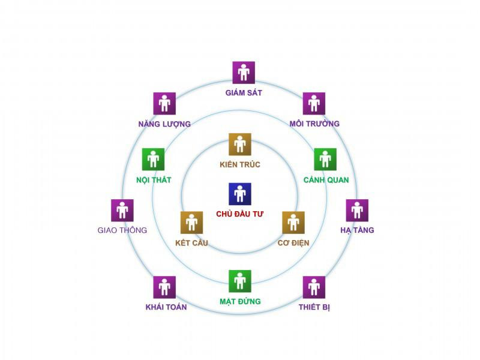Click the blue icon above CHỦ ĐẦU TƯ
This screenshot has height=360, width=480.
tap(240, 194)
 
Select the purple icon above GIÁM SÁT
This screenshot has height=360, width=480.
tap(244, 73)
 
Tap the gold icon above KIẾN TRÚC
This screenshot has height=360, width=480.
tap(240, 144)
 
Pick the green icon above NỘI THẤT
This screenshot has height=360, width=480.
tap(154, 160)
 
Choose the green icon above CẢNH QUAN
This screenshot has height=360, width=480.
tap(325, 160)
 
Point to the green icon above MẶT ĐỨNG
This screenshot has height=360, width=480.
tap(240, 281)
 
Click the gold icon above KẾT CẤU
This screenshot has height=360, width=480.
tap(191, 223)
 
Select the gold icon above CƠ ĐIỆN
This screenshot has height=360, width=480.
tap(293, 223)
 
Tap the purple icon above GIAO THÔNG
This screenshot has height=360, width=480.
tap(122, 211)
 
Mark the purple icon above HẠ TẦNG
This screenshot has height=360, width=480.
tap(357, 211)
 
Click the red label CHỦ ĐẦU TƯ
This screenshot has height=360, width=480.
tap(239, 214)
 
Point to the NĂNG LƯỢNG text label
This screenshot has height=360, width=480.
tap(164, 124)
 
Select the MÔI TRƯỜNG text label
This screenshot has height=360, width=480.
tap(314, 124)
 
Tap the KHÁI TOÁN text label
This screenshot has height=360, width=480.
tap(166, 307)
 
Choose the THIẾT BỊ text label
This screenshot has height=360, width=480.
tap(314, 307)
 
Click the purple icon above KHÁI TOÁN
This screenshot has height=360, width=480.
tap(164, 287)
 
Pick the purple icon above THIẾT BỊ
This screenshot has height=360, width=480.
tap(314, 287)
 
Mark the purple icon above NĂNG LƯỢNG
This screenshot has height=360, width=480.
tap(164, 103)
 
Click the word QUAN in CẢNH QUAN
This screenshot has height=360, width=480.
tap(338, 180)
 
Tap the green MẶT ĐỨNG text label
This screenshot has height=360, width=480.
tap(241, 302)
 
